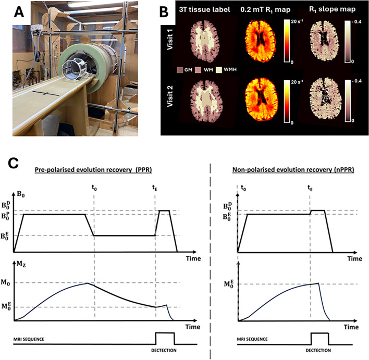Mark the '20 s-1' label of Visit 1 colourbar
coord(298,23)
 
